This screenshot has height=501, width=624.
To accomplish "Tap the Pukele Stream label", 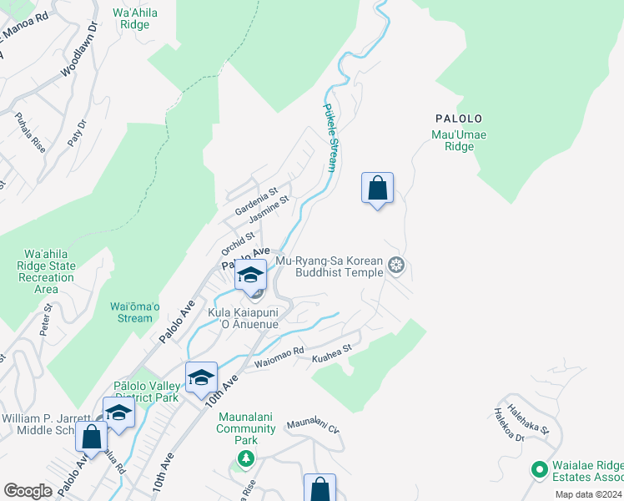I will coord(330,138).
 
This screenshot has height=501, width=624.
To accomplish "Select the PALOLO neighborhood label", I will coord(457,119).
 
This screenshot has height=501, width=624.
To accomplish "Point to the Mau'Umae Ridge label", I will coord(459,140).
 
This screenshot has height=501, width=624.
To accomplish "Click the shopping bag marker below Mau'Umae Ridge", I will coord(377,188).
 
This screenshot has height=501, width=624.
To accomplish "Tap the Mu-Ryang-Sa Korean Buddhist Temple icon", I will coord(397,266).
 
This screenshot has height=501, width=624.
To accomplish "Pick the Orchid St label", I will coord(238,243).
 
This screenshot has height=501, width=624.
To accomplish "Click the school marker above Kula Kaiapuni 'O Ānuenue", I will coord(250,275).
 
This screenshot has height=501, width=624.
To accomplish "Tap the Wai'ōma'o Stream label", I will coord(131,311).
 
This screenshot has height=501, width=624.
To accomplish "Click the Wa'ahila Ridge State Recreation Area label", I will coord(50,271).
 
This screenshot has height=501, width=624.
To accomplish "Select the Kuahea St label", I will coord(332,357).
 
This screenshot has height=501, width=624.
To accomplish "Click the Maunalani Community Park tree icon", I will coord(245,458).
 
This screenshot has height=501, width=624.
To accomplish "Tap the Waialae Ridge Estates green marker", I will coord(538,469).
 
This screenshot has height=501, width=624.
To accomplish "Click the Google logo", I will coord(28,491).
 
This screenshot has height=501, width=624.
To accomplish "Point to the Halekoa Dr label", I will coord(506,424).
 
